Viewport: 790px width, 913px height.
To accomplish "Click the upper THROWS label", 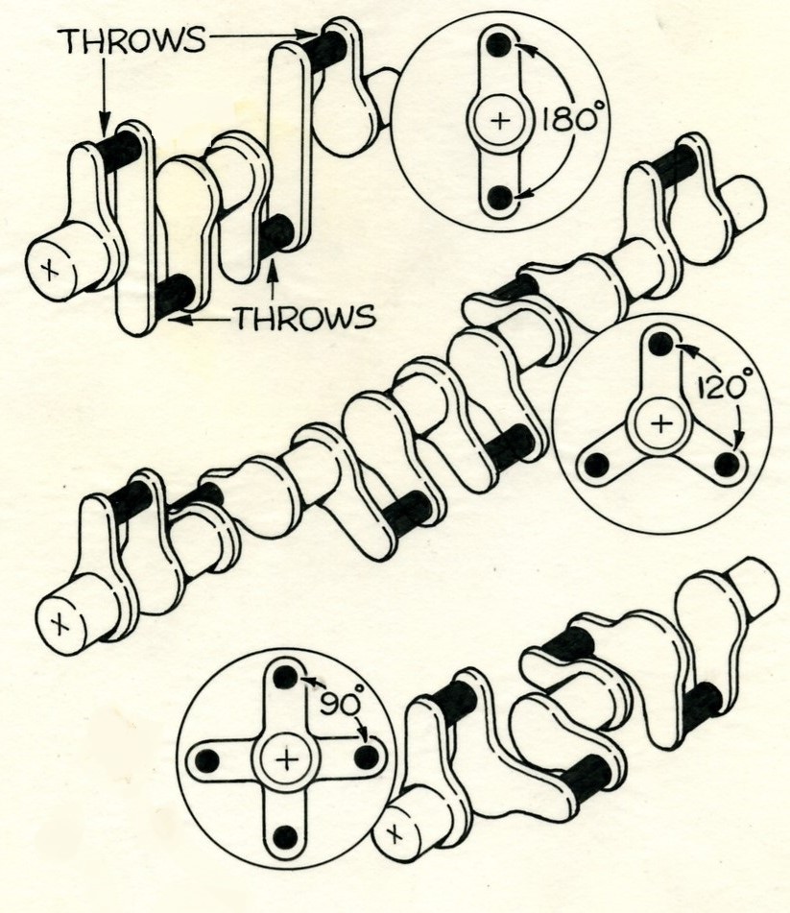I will pyautogui.click(x=131, y=41).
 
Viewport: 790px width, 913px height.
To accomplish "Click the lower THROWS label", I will pyautogui.click(x=304, y=318).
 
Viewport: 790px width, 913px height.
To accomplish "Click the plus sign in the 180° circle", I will pyautogui.click(x=500, y=121).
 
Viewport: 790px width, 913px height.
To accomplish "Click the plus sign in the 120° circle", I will pyautogui.click(x=661, y=422).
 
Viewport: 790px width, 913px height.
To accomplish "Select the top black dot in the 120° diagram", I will pyautogui.click(x=660, y=344).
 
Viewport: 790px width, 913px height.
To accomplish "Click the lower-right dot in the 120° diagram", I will pyautogui.click(x=727, y=465).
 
